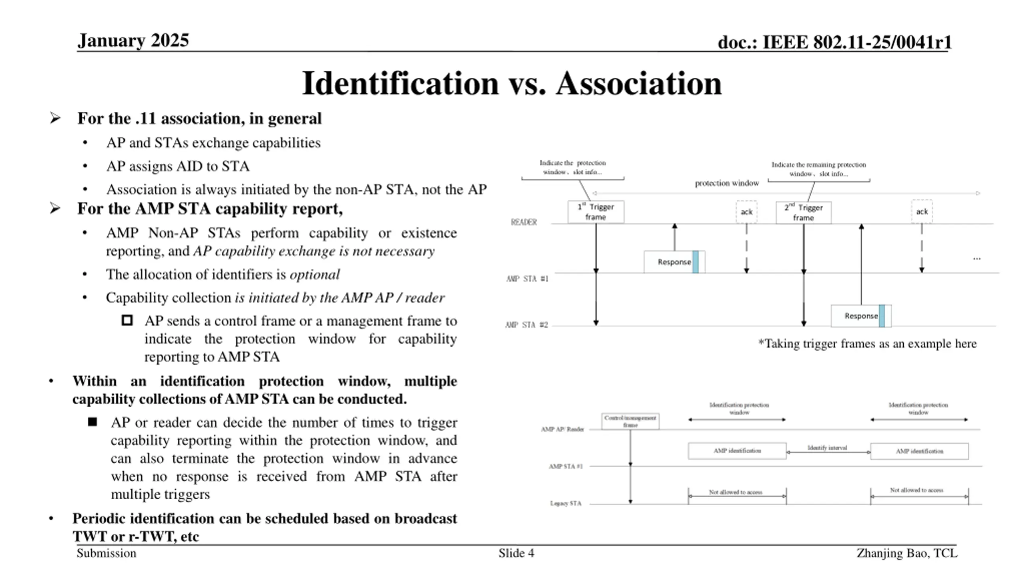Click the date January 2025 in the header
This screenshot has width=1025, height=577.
point(133,40)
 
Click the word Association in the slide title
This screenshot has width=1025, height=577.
point(639,83)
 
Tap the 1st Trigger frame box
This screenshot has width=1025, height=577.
point(595,212)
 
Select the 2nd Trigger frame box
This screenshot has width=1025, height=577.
point(803,213)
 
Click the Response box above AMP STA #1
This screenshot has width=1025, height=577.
point(674,262)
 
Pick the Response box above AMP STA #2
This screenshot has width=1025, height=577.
point(861,316)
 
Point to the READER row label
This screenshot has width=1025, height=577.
point(524,222)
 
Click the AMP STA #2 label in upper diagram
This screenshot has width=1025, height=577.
point(527,325)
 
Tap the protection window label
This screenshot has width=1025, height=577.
point(727,184)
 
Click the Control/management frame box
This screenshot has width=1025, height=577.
point(630,422)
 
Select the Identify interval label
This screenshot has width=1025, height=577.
point(827,448)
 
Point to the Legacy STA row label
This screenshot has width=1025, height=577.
point(565,504)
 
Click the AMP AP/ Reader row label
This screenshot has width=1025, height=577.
point(562,430)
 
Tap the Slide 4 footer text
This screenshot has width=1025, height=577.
point(516,553)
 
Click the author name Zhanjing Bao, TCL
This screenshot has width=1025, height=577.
point(907,553)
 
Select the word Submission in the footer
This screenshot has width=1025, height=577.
point(107,553)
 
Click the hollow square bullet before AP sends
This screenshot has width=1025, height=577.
point(127,321)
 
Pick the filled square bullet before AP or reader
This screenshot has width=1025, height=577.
point(92,422)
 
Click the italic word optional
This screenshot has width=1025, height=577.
point(315,275)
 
